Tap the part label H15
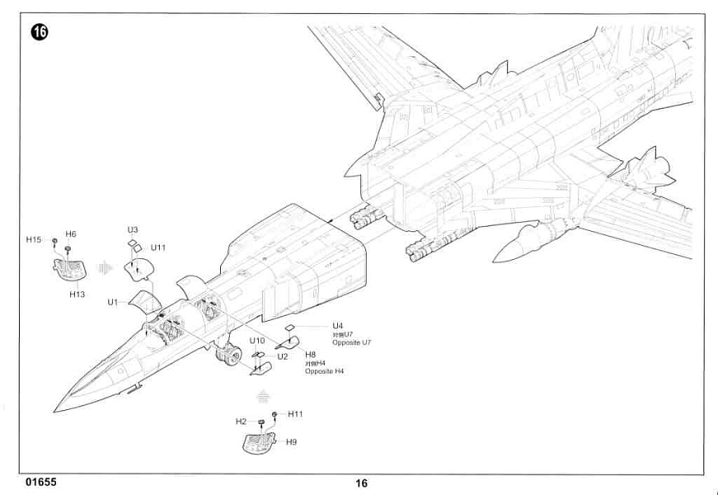[34, 239]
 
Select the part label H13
[77, 294]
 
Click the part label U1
[113, 303]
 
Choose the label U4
[337, 326]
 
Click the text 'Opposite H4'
[324, 372]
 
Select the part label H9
[292, 442]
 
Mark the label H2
[241, 422]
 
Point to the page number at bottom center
[362, 483]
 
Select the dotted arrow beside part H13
[103, 267]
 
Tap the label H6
[71, 234]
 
